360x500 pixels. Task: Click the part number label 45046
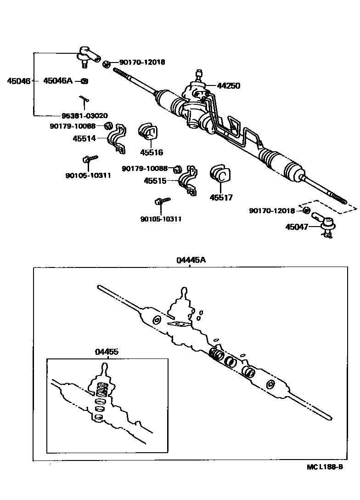point(18,81)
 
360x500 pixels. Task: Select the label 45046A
point(58,81)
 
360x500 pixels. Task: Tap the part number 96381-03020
point(85,115)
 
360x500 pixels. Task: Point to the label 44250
point(229,85)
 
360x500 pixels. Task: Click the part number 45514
point(84,137)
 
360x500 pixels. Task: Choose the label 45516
point(152,153)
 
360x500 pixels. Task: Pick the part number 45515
point(155,181)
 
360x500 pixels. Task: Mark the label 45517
point(221,198)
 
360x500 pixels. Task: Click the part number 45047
point(296,227)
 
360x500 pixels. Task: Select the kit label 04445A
point(191,260)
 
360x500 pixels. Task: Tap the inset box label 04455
point(107,352)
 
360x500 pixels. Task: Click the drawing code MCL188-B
point(325,467)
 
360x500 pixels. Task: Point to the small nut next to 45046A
point(84,81)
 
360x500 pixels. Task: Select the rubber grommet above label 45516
point(147,131)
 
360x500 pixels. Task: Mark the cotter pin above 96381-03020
point(84,99)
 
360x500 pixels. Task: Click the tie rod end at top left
point(88,56)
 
